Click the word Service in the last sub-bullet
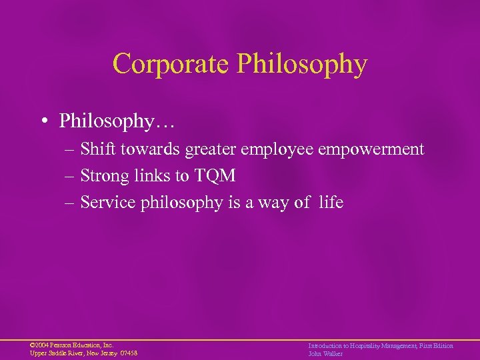point(108,203)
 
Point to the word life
point(331,203)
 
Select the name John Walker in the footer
point(325,353)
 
